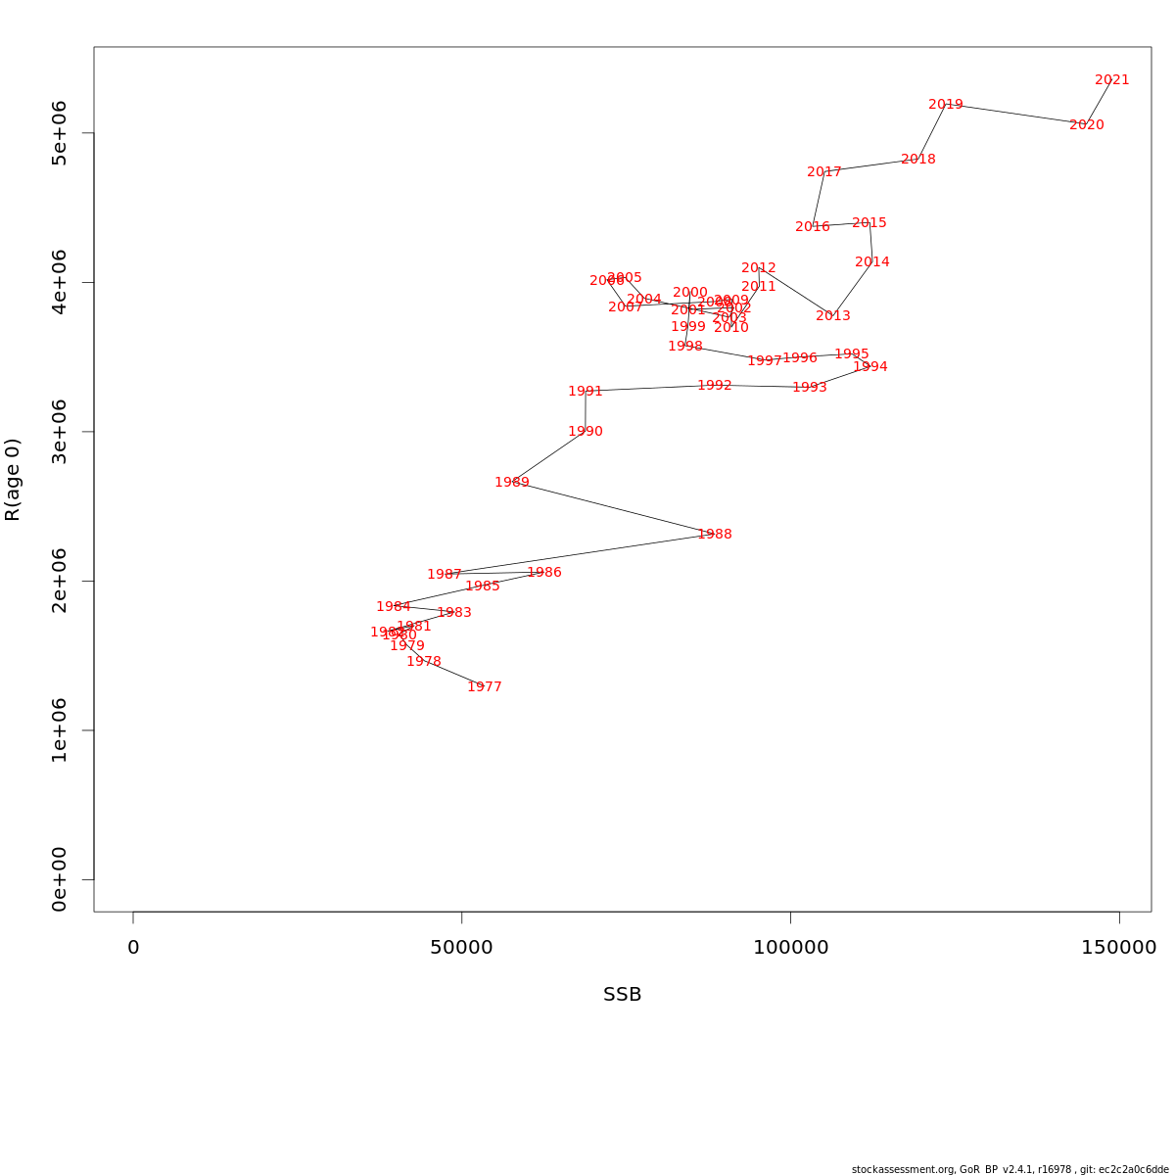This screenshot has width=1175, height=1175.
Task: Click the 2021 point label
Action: pos(1111,80)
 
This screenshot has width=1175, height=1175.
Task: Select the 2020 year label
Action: pos(1086,125)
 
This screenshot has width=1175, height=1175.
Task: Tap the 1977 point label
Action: pos(484,687)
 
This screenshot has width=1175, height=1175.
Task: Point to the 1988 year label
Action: pos(715,535)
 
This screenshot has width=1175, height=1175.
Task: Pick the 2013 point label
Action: pos(832,316)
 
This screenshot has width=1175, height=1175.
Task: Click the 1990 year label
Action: pos(586,432)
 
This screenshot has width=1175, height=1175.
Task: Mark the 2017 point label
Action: pos(823,172)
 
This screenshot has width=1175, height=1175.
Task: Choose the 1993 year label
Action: pos(809,388)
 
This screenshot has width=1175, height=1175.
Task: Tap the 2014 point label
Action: pos(871,262)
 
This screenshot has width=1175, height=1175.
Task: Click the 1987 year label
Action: pos(444,575)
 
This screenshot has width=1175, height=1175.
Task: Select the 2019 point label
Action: pos(945,105)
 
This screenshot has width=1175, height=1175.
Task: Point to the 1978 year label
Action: pos(423,662)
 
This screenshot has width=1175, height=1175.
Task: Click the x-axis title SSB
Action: pos(622,995)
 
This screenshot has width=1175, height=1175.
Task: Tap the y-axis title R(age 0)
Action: pos(13,479)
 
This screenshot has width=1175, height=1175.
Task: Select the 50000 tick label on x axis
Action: pos(461,948)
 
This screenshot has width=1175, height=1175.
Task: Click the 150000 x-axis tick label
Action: pos(1118,948)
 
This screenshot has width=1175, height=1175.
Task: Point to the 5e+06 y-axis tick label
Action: pos(59,133)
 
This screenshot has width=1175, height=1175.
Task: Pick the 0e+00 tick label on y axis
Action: pos(59,879)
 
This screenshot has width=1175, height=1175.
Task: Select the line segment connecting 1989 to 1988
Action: pos(613,508)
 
